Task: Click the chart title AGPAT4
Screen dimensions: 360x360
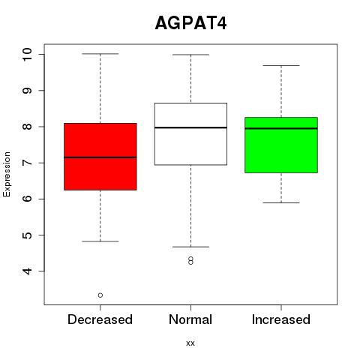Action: [190, 23]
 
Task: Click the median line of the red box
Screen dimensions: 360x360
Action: [100, 157]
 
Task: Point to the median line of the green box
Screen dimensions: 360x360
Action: [281, 128]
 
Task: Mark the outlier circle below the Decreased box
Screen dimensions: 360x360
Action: [100, 295]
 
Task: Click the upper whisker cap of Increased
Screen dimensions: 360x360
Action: [281, 65]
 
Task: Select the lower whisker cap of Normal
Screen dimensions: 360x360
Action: [190, 247]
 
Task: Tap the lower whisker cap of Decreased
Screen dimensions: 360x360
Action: [100, 241]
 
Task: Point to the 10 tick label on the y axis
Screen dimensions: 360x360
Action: [27, 54]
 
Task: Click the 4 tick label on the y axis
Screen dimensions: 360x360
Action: [27, 271]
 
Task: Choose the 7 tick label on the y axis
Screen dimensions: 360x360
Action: [27, 163]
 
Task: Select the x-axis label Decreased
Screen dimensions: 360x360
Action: [100, 319]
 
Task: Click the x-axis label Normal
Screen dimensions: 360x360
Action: [190, 319]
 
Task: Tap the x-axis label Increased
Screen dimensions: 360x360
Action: [281, 319]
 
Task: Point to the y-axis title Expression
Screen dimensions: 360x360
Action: [7, 174]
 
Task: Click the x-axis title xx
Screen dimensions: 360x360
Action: [190, 343]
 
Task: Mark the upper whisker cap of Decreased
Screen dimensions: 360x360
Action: [100, 54]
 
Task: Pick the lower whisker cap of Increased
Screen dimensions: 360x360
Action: [281, 202]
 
